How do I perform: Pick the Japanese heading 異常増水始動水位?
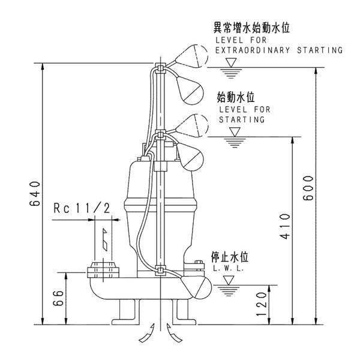pos(252,28)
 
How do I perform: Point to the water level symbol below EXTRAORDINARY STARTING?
pos(228,72)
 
